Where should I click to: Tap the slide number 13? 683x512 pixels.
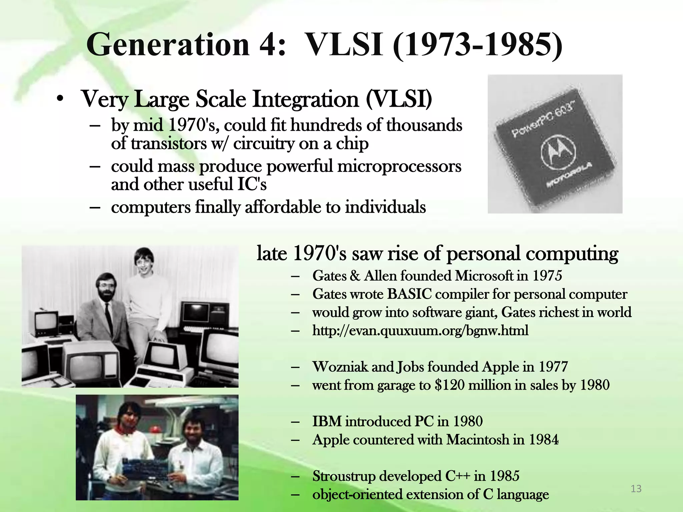(x=636, y=489)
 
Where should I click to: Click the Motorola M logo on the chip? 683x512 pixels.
(x=558, y=152)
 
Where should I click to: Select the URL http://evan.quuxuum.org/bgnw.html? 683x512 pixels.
(x=420, y=331)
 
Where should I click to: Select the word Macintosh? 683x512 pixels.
(x=478, y=440)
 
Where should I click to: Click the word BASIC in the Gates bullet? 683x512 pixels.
(x=409, y=294)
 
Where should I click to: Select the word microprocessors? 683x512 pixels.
(x=399, y=166)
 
